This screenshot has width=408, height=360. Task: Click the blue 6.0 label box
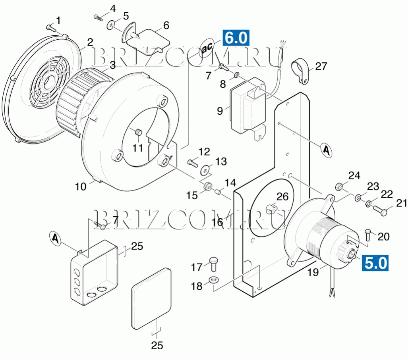pyautogui.click(x=236, y=38)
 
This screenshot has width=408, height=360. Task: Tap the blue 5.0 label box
pyautogui.click(x=375, y=263)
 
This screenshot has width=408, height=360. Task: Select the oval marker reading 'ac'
pyautogui.click(x=207, y=47)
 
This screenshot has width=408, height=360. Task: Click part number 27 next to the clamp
pyautogui.click(x=321, y=66)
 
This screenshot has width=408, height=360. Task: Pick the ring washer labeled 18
pyautogui.click(x=214, y=280)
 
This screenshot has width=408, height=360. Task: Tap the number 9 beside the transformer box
pyautogui.click(x=220, y=111)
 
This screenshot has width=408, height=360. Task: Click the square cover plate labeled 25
pyautogui.click(x=151, y=298)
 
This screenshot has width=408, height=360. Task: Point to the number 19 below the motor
pyautogui.click(x=313, y=272)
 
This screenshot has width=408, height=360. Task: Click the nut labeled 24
pyautogui.click(x=339, y=187)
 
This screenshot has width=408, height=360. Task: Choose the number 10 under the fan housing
pyautogui.click(x=81, y=187)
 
